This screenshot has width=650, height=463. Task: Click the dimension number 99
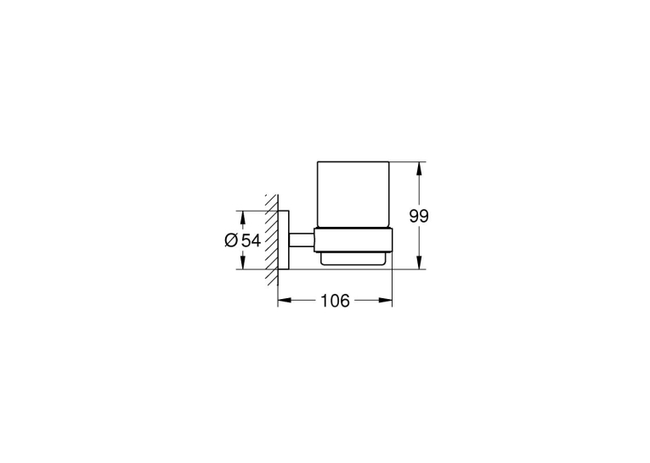[x=419, y=216]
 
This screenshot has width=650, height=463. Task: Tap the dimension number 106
[x=335, y=301]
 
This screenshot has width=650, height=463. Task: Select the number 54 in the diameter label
[x=252, y=240]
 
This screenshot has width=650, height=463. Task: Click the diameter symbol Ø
[x=231, y=240]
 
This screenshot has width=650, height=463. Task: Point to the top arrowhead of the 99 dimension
[x=420, y=168]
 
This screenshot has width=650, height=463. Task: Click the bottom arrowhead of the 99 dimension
[x=420, y=263]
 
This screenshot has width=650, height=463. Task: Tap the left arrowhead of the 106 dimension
[x=285, y=300]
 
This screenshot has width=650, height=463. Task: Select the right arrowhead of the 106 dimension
[x=385, y=300]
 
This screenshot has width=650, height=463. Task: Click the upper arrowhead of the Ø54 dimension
[x=242, y=217]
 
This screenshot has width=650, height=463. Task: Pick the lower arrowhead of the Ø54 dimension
[x=242, y=263]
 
